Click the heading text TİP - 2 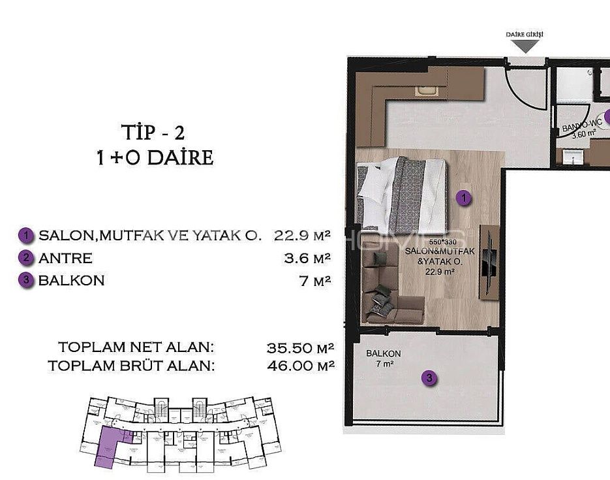pyautogui.click(x=153, y=133)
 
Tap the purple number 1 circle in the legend pyautogui.click(x=26, y=235)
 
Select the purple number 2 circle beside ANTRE pyautogui.click(x=26, y=258)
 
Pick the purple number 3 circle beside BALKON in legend pyautogui.click(x=26, y=281)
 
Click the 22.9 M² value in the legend pyautogui.click(x=302, y=235)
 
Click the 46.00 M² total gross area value pyautogui.click(x=300, y=366)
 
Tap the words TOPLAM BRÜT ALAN pyautogui.click(x=130, y=366)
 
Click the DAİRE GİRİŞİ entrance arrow pyautogui.click(x=525, y=45)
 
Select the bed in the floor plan pyautogui.click(x=401, y=195)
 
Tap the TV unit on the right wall pyautogui.click(x=489, y=262)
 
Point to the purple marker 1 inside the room pyautogui.click(x=463, y=199)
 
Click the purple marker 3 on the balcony pyautogui.click(x=428, y=378)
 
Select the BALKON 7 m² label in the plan pyautogui.click(x=383, y=359)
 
